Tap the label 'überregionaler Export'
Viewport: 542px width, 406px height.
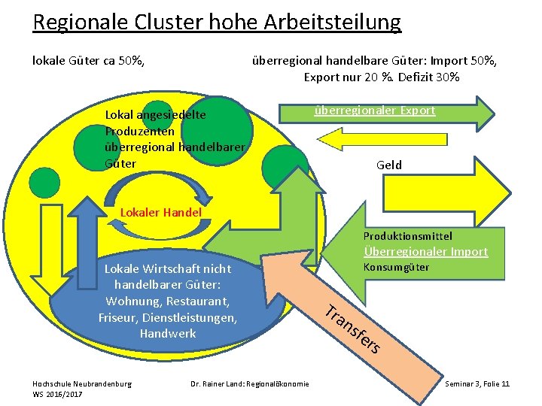(374, 110)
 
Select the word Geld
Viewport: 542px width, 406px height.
(389, 165)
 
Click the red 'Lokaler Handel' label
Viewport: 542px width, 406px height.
(161, 212)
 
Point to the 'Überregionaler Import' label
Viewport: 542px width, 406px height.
(425, 251)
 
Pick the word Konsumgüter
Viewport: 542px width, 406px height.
(396, 267)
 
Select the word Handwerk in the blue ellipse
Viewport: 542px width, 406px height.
(167, 333)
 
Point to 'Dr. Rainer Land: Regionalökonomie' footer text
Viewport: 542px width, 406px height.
(249, 383)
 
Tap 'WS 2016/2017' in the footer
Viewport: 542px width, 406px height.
(58, 394)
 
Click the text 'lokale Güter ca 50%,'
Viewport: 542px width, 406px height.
(88, 60)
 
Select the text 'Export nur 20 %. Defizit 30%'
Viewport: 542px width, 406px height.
(381, 77)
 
